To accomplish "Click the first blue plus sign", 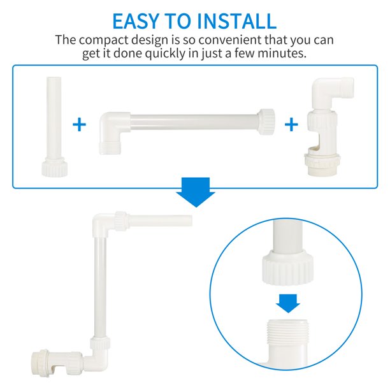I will pos(79,124).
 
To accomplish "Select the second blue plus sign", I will pos(291,124).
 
